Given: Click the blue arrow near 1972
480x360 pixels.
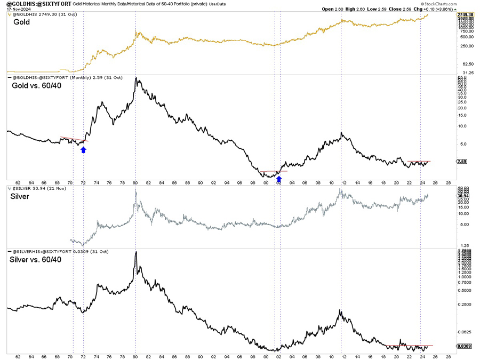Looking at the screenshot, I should tap(83, 150).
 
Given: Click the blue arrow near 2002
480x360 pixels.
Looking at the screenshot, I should tap(279, 179).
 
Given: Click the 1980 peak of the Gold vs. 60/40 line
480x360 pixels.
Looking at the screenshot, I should tap(137, 78).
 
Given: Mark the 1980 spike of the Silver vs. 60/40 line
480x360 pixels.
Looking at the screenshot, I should tap(136, 252).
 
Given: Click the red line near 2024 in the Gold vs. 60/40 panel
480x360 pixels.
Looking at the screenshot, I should tap(418, 161).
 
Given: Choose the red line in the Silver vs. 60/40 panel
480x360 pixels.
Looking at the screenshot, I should tap(411, 346).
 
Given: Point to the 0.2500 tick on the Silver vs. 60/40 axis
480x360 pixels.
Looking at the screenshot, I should tap(463, 305).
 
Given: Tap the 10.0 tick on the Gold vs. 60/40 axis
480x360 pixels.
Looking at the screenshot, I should tap(462, 126).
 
